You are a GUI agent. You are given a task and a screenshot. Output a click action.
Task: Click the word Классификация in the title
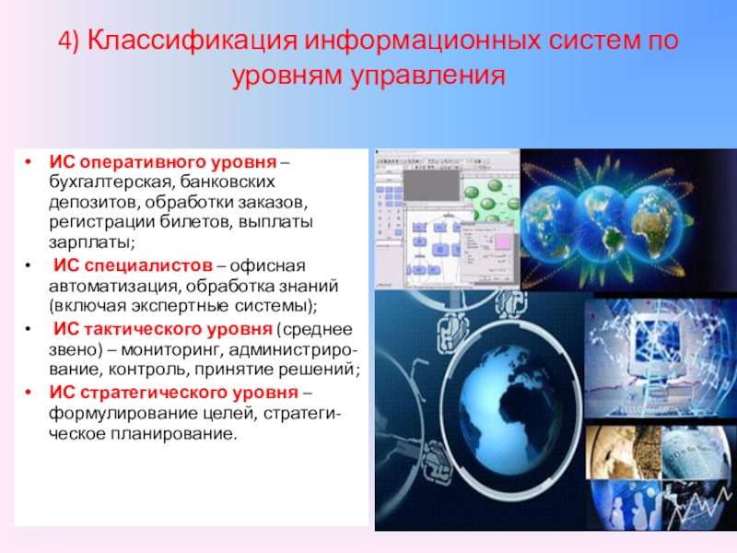[x=193, y=41]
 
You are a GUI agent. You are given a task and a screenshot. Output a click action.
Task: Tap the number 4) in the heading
[x=69, y=41]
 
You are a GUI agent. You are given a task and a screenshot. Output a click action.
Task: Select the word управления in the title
[x=427, y=76]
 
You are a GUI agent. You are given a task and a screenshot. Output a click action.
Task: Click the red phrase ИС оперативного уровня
[x=163, y=162]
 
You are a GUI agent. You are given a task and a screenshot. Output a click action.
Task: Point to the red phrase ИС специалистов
[x=133, y=265]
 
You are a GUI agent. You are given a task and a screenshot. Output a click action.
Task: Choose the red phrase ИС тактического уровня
[x=163, y=329]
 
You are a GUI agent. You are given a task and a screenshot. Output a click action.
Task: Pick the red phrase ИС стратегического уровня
[x=173, y=393]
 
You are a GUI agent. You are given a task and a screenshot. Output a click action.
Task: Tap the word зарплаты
[x=91, y=242]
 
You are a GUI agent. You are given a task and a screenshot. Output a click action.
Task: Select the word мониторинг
[x=171, y=350]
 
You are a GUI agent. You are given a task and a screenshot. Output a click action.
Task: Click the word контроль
[x=145, y=370]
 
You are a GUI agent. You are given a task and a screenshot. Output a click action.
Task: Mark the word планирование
[x=174, y=433]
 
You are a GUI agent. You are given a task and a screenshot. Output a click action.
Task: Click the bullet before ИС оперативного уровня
[x=29, y=163]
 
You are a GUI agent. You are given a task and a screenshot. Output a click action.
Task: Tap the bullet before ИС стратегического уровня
[x=29, y=394]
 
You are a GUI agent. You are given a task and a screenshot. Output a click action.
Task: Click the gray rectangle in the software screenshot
[x=431, y=185]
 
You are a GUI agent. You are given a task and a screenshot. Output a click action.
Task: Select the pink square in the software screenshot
[x=501, y=241]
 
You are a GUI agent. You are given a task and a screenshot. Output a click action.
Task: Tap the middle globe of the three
[x=601, y=219]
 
